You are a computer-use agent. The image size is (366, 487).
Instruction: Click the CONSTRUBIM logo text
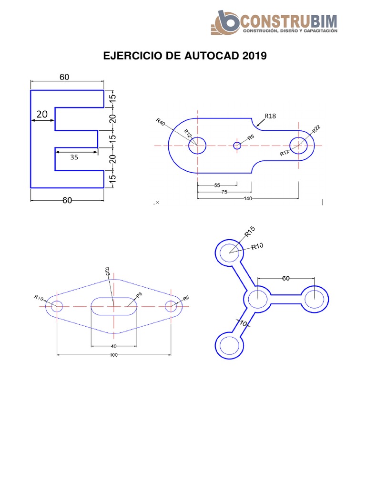[290, 21]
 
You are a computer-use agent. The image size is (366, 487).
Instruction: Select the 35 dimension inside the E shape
[74, 157]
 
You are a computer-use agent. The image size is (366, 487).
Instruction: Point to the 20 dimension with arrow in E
[42, 114]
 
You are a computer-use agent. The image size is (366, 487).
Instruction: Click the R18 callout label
[270, 116]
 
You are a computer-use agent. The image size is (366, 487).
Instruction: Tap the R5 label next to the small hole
[251, 137]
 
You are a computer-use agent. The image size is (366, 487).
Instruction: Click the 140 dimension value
[247, 199]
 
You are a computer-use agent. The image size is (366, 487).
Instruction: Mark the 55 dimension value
[217, 185]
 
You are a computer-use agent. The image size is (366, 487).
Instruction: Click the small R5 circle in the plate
[237, 146]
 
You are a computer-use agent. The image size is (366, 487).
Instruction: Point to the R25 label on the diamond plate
[107, 271]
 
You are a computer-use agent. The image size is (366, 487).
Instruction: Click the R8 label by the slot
[139, 295]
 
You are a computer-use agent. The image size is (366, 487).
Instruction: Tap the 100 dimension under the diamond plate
[113, 355]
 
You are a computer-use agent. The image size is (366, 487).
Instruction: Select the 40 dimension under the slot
[113, 346]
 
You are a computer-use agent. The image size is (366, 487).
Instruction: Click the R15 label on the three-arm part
[250, 232]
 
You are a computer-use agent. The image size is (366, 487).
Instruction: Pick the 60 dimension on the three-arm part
[285, 279]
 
